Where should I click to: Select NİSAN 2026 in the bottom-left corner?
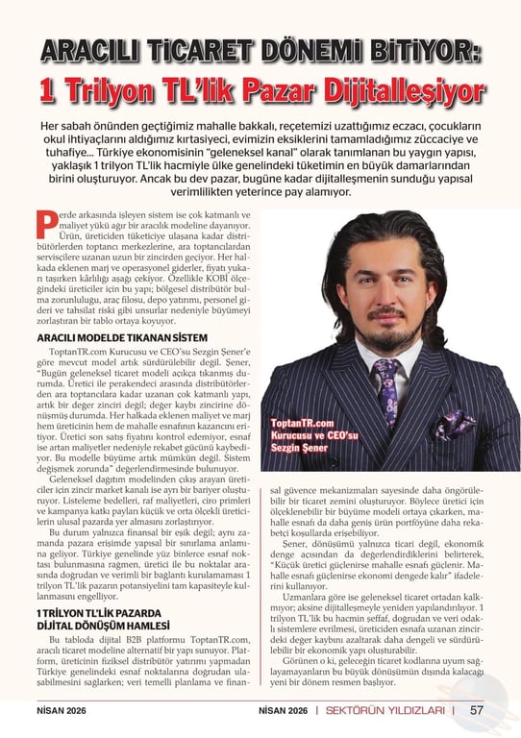point(45,711)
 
